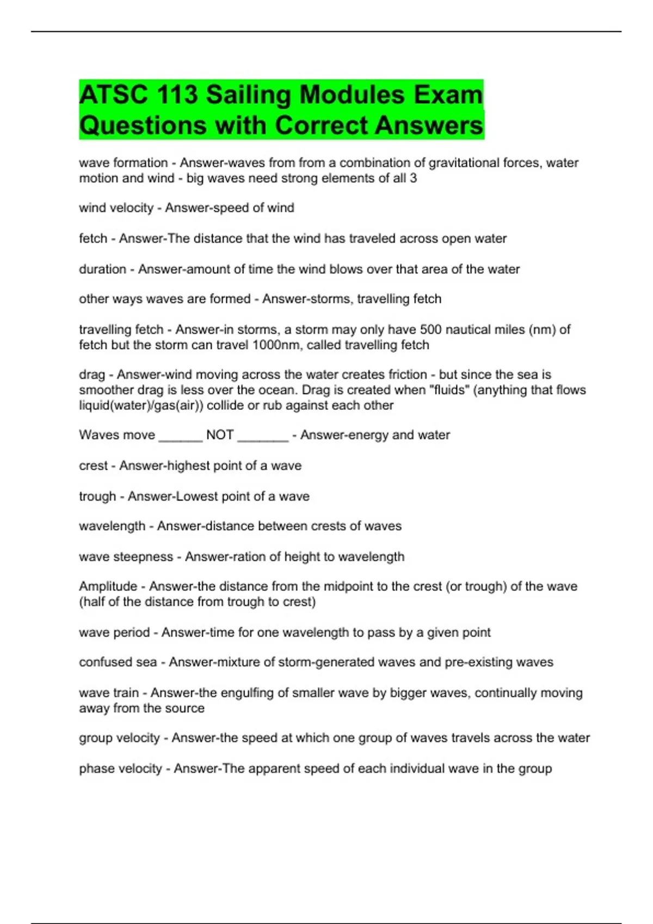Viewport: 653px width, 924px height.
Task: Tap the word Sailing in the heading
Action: pyautogui.click(x=249, y=95)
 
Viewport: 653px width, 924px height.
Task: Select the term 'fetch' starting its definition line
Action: pyautogui.click(x=93, y=239)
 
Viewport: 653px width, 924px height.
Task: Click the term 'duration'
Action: pyautogui.click(x=102, y=269)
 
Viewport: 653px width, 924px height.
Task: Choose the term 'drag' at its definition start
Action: pyautogui.click(x=91, y=374)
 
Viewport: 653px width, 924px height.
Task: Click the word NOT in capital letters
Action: pyautogui.click(x=220, y=435)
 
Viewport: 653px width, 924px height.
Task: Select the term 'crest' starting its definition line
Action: pyautogui.click(x=93, y=466)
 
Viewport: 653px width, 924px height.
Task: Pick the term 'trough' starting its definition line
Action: pyautogui.click(x=97, y=496)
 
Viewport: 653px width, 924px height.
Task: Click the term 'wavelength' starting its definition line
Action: pyautogui.click(x=112, y=526)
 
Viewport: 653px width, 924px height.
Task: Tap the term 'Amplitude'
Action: pyautogui.click(x=108, y=586)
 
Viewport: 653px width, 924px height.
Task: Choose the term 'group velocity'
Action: pyautogui.click(x=119, y=738)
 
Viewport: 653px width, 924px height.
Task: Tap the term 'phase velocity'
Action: pyautogui.click(x=120, y=769)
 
